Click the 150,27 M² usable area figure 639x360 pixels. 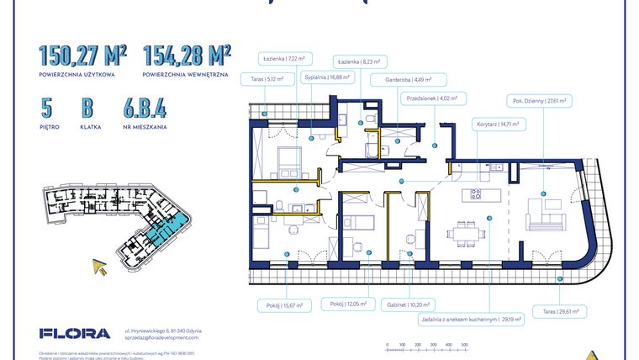82,56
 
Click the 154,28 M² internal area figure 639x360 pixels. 187,56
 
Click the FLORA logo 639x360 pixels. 74,333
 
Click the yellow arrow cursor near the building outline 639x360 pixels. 101,267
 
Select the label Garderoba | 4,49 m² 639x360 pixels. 404,81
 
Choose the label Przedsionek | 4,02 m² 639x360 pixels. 430,98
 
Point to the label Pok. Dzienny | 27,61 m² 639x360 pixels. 538,100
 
